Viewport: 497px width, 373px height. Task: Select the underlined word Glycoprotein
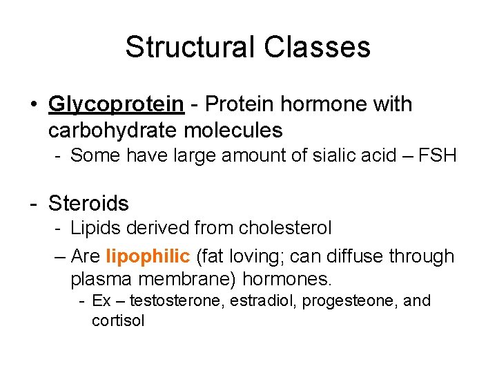(116, 104)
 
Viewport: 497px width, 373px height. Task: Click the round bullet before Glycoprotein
(33, 105)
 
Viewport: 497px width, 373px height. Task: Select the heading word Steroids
(88, 203)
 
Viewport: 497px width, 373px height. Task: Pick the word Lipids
(94, 227)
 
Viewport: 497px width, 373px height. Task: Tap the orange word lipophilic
(148, 256)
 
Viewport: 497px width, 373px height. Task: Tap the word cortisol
(118, 321)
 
